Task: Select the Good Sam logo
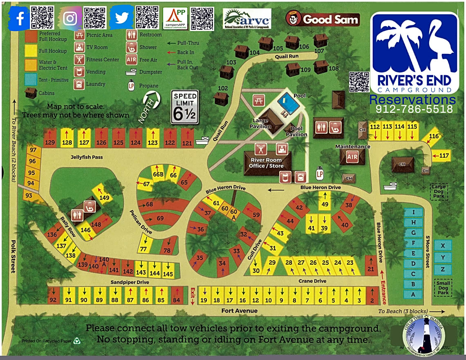point(323,19)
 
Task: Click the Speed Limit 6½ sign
point(184,107)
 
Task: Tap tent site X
point(443,245)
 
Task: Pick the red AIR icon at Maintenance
point(352,157)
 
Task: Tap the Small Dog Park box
point(443,288)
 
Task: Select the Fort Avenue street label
point(240,311)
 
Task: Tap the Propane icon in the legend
point(132,86)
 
